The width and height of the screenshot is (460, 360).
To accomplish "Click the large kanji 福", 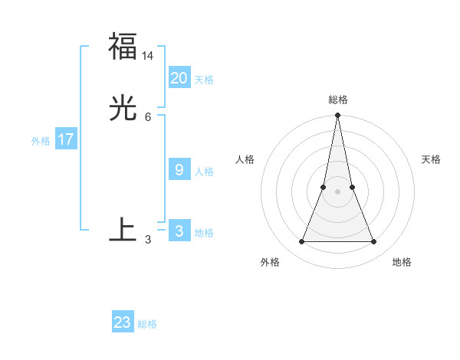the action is click(123, 46).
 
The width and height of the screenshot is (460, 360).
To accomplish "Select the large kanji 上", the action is click(123, 230).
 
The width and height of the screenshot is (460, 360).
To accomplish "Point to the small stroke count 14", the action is click(148, 56).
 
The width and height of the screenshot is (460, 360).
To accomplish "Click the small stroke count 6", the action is click(148, 116).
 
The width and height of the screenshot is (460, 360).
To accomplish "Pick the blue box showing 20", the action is click(179, 78).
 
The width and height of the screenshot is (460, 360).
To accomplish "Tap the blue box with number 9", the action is click(179, 170).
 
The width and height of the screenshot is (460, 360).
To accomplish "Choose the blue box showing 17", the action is click(66, 139).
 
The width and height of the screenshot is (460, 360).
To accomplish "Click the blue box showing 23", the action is click(123, 322).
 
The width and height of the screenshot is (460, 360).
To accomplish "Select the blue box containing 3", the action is click(179, 231).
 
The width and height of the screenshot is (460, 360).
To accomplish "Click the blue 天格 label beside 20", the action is click(204, 80).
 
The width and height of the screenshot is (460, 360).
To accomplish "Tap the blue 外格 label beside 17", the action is click(41, 141).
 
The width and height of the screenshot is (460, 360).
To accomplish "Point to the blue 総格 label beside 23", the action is click(147, 324).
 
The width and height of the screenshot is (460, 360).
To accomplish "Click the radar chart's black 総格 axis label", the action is click(337, 100).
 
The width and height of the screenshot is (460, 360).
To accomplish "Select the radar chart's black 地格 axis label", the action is click(402, 262).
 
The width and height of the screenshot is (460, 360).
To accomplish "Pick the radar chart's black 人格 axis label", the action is click(245, 159).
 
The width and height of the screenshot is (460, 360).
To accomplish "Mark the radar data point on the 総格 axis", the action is click(337, 116).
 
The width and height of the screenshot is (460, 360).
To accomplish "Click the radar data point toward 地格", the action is click(374, 242).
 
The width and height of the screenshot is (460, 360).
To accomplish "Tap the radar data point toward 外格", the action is click(301, 242).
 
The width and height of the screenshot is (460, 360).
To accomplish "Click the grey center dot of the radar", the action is click(337, 191).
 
